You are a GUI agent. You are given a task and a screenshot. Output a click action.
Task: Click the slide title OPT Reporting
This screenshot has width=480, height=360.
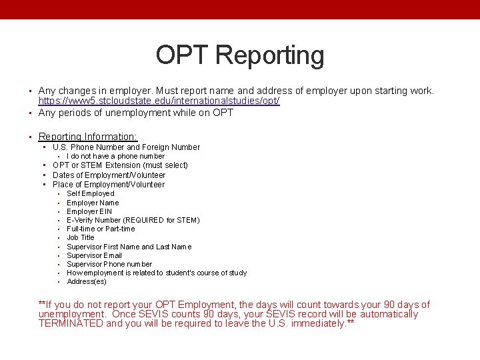tap(240, 55)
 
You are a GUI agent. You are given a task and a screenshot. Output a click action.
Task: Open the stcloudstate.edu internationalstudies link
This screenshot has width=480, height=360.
tap(159, 101)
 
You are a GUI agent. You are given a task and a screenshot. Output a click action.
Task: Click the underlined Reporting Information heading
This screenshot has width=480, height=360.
tap(87, 136)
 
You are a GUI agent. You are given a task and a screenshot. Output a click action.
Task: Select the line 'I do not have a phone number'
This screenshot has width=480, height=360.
tap(115, 156)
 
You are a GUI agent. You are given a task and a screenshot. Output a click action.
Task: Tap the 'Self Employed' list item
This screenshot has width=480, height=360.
tap(91, 193)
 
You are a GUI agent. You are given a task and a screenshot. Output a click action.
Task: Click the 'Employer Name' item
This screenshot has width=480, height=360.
tap(93, 203)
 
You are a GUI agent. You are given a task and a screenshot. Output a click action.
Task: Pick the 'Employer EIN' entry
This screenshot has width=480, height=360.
tap(89, 211)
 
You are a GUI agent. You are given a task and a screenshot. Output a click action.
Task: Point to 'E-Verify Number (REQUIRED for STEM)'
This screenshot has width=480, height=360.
tap(133, 220)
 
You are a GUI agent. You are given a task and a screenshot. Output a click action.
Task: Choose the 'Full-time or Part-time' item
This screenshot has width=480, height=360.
tap(101, 229)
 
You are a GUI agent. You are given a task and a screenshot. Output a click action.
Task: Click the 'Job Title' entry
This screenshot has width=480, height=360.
tap(81, 237)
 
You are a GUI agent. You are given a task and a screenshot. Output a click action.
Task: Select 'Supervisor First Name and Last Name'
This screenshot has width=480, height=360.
tap(129, 247)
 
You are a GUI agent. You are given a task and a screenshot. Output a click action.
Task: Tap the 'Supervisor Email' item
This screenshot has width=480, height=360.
tap(94, 255)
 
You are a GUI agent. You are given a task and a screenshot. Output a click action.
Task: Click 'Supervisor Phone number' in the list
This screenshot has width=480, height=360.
tap(109, 264)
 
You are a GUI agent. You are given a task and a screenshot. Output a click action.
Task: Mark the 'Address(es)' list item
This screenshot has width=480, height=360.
tap(87, 281)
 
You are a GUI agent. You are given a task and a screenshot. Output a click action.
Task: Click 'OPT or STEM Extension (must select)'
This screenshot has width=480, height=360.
tap(120, 165)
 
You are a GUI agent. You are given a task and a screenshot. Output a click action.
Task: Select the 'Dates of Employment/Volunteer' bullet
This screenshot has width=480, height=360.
tap(109, 175)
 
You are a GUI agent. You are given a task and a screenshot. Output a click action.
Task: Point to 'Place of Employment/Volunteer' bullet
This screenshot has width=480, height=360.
tap(108, 185)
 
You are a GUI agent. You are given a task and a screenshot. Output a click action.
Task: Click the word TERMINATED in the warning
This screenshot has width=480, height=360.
tap(71, 323)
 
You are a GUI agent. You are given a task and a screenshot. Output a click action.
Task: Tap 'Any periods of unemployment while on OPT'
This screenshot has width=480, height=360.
tap(136, 113)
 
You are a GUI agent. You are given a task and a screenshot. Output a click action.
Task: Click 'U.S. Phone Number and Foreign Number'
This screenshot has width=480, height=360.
tap(126, 147)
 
